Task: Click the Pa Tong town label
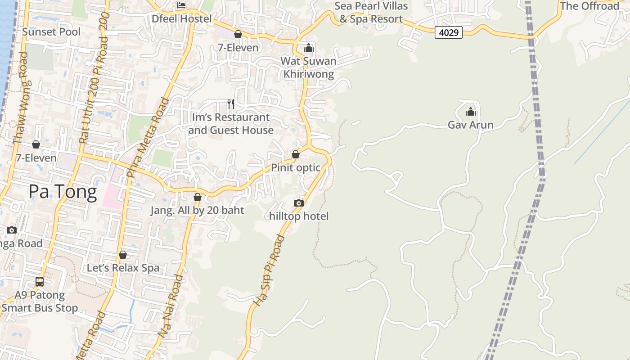point(63,192)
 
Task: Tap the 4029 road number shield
point(449,32)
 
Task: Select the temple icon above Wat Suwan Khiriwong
point(308,48)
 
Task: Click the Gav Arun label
point(470,125)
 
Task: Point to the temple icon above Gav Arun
point(470,112)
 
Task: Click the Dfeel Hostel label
point(181,18)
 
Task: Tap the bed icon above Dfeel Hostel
point(181,5)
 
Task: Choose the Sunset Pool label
point(51,31)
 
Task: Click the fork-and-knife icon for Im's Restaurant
point(231,104)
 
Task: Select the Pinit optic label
point(295,167)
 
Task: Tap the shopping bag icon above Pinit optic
point(296,154)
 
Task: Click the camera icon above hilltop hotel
point(298,203)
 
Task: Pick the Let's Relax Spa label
point(123,268)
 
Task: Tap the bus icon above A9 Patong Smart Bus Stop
point(40,282)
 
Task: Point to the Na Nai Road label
point(171,306)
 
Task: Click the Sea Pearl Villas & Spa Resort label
point(371,12)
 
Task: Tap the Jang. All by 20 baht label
point(197,210)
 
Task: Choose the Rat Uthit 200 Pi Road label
point(94,77)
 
